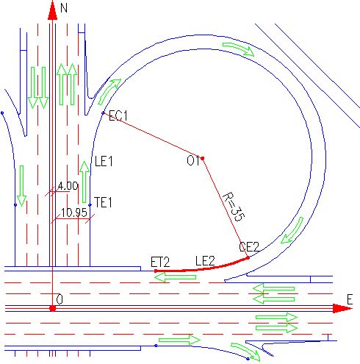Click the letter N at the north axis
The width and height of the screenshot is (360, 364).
64,8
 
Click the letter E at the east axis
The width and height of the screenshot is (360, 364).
350,300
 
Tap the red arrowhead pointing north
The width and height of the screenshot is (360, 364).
52,10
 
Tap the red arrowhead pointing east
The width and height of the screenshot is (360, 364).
342,308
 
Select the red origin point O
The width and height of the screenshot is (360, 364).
53,308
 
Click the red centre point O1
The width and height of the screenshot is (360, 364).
203,158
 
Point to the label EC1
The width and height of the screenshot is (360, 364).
118,115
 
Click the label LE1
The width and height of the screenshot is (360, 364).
104,162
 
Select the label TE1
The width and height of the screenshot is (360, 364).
103,203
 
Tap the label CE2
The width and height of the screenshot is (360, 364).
249,247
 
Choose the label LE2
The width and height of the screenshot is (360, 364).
205,261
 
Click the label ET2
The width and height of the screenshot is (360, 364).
160,262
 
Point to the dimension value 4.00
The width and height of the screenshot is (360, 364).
68,186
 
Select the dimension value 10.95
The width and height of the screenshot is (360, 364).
74,213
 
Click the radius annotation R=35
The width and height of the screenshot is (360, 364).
234,207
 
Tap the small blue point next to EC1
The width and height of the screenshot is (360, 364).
103,113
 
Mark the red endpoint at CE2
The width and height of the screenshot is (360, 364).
248,257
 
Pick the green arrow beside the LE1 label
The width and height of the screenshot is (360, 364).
84,182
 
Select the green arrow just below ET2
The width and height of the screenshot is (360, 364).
176,277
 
